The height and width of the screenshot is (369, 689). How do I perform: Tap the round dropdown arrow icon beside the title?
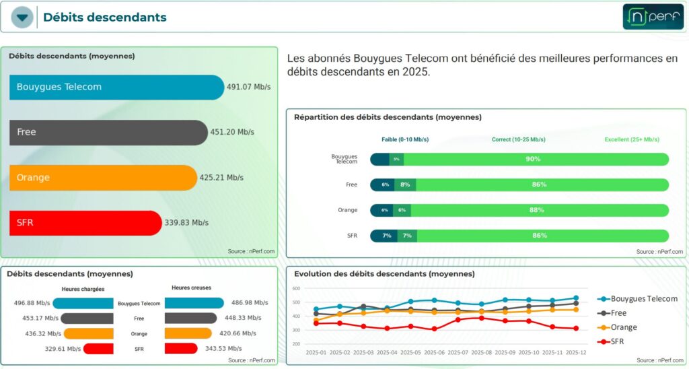pos(22,18)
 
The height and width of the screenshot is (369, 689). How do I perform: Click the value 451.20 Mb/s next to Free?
pos(232,133)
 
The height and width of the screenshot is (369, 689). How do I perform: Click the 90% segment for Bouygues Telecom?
pos(533,159)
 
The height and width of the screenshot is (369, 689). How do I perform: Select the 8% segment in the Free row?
pos(405,184)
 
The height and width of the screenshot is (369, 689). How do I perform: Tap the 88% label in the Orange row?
pos(536,210)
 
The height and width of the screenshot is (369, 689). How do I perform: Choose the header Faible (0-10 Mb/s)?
pos(405,139)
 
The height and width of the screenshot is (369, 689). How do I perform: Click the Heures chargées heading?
pos(83,289)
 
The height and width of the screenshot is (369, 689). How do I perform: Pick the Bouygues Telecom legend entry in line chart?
pos(637,299)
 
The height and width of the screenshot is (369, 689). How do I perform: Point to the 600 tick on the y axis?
pos(296,288)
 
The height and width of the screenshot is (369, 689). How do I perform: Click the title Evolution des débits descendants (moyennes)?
pos(384,274)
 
